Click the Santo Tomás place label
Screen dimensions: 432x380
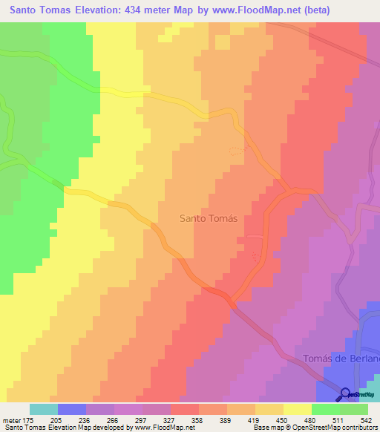(x=209, y=219)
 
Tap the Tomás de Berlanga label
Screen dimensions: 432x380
(x=341, y=359)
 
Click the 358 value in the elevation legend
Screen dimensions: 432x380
(x=197, y=420)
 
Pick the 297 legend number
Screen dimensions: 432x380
(x=153, y=420)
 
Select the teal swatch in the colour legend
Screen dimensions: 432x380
(x=43, y=409)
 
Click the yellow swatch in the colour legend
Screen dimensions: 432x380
(x=297, y=409)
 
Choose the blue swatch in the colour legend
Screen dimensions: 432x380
(x=71, y=409)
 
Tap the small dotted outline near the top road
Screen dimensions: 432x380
(x=236, y=150)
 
